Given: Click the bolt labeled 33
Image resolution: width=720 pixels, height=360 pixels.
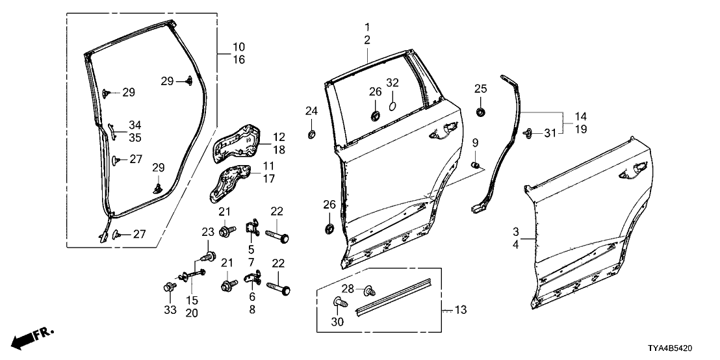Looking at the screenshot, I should click(x=170, y=286).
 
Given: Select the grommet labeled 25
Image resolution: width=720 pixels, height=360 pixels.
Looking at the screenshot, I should click(x=480, y=112).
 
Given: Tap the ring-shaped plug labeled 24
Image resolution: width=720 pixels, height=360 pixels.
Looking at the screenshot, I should click(x=311, y=135).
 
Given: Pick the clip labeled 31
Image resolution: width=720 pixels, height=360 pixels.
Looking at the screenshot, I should click(x=528, y=133).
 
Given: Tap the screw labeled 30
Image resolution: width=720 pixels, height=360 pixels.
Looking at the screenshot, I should click(x=339, y=302).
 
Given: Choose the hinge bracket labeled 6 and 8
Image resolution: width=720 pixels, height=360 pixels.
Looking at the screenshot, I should click(x=251, y=279).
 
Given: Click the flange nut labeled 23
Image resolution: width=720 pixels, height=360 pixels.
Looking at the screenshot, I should click(x=208, y=257).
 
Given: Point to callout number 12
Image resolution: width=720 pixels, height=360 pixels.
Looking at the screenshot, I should click(x=279, y=137).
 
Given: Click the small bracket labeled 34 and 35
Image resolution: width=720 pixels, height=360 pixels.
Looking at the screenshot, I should click(x=110, y=129).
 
